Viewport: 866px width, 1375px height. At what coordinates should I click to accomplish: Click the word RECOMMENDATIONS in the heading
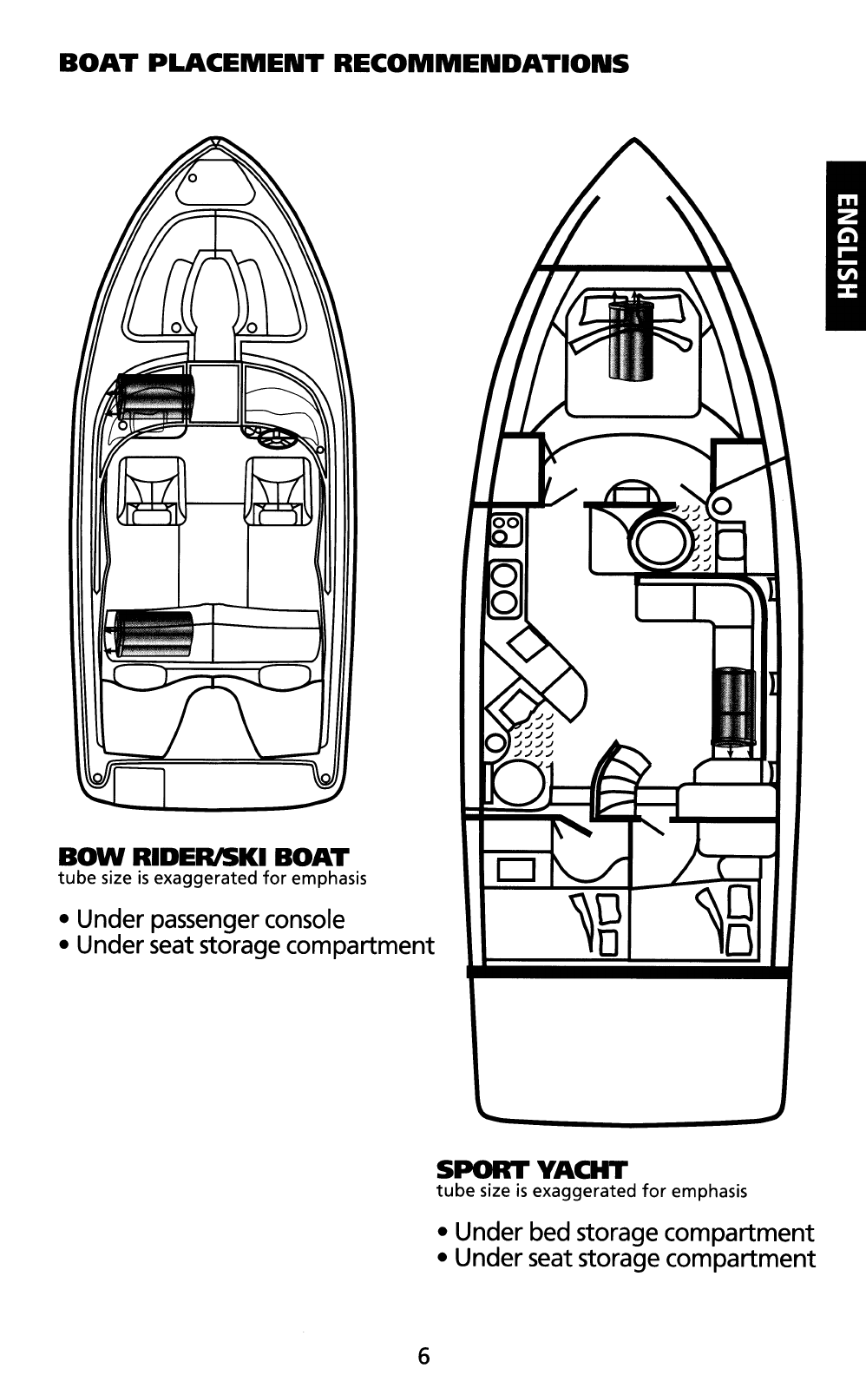tap(482, 64)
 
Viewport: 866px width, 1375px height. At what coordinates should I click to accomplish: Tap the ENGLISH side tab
tap(846, 247)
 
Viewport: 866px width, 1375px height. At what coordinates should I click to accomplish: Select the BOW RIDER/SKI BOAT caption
tap(203, 858)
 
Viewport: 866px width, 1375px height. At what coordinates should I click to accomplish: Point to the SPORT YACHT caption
tap(531, 1169)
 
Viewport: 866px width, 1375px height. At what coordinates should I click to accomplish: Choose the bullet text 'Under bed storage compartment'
tap(633, 1232)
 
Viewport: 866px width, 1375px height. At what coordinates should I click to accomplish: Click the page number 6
tap(423, 1355)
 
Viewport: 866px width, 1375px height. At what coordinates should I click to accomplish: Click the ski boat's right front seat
tap(279, 491)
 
